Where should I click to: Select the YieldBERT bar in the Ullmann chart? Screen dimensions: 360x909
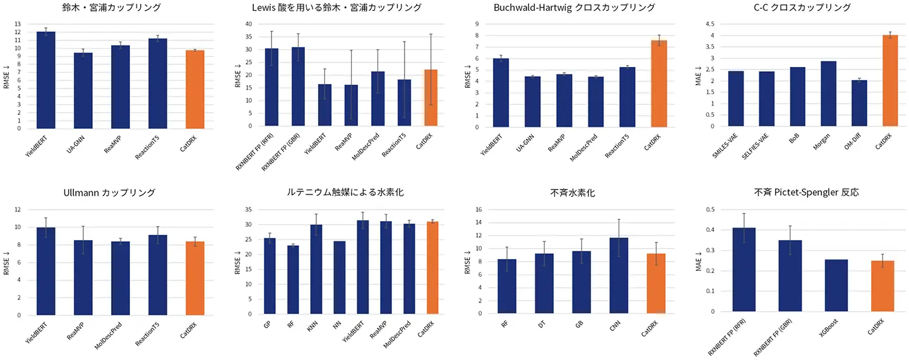click(x=45, y=271)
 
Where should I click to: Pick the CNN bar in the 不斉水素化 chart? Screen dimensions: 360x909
click(x=619, y=275)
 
